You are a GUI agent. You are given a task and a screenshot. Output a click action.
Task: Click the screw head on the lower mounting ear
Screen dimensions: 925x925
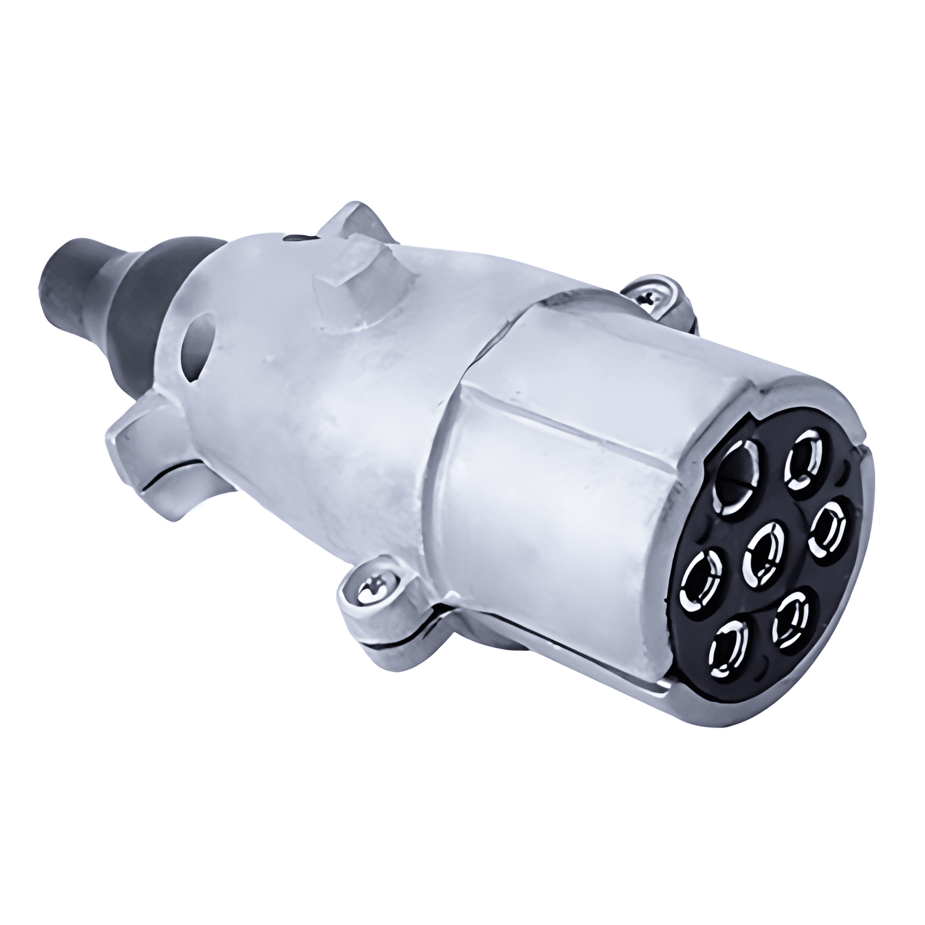(368, 592)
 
